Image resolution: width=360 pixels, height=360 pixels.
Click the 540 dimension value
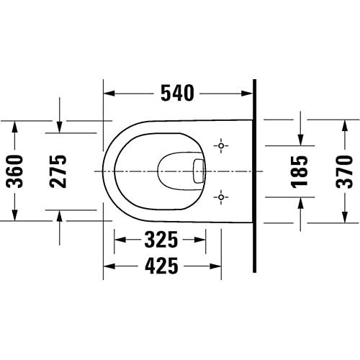point(177,93)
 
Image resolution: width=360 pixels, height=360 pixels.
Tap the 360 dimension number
point(15,171)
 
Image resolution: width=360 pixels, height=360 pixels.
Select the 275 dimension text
point(58,171)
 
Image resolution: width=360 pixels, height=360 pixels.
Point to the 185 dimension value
point(299,171)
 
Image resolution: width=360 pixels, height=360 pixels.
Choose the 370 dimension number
point(345,171)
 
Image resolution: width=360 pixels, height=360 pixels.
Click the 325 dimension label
point(161,240)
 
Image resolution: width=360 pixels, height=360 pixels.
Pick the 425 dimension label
point(161,266)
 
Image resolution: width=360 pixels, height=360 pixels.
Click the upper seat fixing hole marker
point(221,145)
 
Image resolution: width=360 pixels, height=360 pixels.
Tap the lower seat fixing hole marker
point(221,197)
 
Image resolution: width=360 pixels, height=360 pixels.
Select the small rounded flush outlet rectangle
point(199,171)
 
